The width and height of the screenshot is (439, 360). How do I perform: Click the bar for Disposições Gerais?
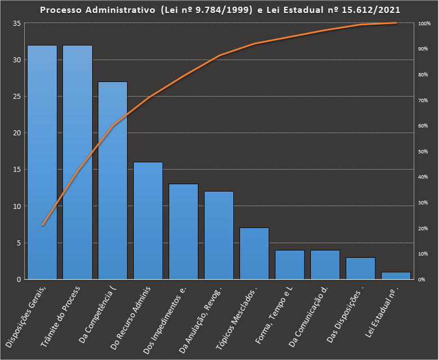point(42,162)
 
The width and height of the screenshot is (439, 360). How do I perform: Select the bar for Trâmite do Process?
point(78,162)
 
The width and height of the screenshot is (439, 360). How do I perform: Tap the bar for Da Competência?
point(113,180)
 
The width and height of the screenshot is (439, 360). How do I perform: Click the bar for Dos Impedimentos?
point(184,231)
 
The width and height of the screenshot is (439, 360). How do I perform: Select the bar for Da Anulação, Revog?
point(219,235)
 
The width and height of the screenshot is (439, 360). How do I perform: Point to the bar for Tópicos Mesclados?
point(255,253)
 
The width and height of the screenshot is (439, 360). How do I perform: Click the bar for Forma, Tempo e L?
point(290,265)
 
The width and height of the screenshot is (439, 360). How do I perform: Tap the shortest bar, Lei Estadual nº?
point(396,276)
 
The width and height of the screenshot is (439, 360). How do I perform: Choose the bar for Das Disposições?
point(361,268)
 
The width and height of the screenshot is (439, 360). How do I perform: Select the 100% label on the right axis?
point(424,24)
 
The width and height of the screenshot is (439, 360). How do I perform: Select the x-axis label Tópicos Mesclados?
point(237,317)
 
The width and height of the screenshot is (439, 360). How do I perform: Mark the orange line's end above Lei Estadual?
point(396,23)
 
